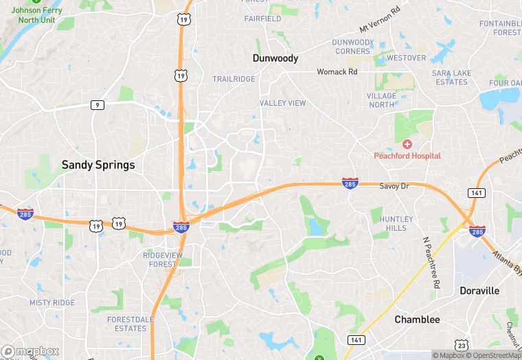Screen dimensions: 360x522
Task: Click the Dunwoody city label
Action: click(275, 58)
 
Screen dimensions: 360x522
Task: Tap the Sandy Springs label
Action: click(98, 165)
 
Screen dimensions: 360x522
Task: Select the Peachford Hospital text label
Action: click(407, 156)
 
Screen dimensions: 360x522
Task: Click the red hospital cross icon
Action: click(407, 144)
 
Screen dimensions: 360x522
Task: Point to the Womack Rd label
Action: click(337, 71)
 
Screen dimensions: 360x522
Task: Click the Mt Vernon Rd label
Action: click(380, 21)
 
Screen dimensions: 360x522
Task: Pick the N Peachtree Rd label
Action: click(431, 264)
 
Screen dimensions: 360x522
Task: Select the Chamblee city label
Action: click(417, 319)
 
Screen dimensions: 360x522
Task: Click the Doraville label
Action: click(479, 291)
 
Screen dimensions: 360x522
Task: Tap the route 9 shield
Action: click(98, 105)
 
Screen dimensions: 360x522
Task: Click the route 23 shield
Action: click(462, 345)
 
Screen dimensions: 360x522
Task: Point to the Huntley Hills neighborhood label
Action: click(396, 223)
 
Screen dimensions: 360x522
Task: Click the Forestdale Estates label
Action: click(127, 324)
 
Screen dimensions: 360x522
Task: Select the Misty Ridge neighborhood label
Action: click(52, 303)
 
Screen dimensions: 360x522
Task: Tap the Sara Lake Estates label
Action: click(450, 78)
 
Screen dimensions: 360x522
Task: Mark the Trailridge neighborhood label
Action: click(234, 80)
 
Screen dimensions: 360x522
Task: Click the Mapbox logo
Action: click(30, 351)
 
